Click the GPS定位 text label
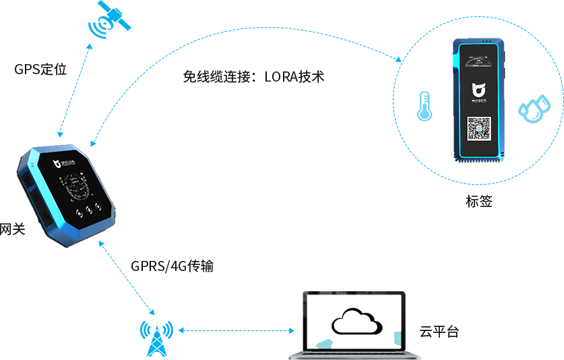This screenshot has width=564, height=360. tap(41, 69)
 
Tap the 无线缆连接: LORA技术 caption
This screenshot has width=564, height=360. tap(254, 77)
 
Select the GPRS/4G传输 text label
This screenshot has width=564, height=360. tap(173, 267)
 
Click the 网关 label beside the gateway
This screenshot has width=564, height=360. tap(12, 229)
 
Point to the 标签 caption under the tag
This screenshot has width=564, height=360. tap(478, 200)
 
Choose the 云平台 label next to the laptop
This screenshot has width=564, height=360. tap(440, 332)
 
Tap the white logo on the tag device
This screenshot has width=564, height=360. tap(478, 91)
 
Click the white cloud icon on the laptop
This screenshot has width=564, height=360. tap(356, 322)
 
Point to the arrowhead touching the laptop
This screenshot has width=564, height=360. tap(292, 330)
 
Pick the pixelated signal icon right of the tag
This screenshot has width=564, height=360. tap(534, 109)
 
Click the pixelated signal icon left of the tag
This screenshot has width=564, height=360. tap(425, 107)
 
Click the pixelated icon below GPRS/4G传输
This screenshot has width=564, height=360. tap(157, 337)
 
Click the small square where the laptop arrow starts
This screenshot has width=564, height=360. tap(181, 330)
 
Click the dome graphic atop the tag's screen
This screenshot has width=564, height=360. tap(478, 62)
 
